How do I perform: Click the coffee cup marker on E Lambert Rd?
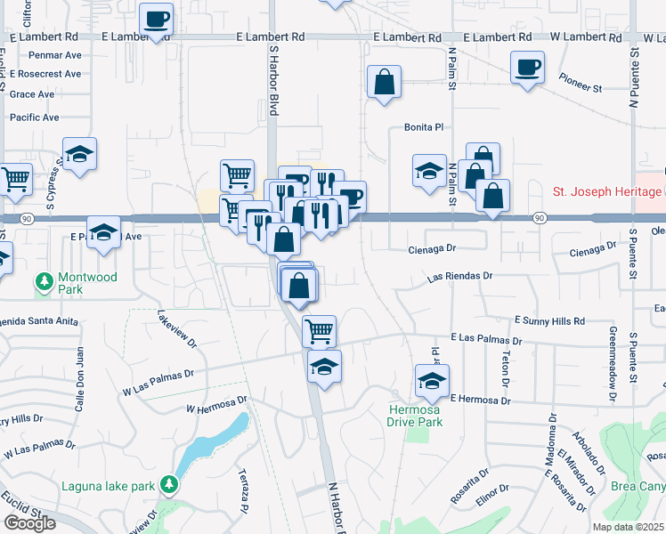[157, 20]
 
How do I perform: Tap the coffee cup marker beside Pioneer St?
[528, 68]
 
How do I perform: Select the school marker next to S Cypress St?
[79, 155]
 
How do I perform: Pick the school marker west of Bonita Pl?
[429, 171]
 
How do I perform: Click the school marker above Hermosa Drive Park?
[433, 382]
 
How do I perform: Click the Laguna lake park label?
[110, 486]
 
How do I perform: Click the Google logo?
[28, 522]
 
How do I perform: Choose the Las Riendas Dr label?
[459, 277]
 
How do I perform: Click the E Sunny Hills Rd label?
[548, 320]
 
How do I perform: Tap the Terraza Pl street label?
[243, 495]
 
